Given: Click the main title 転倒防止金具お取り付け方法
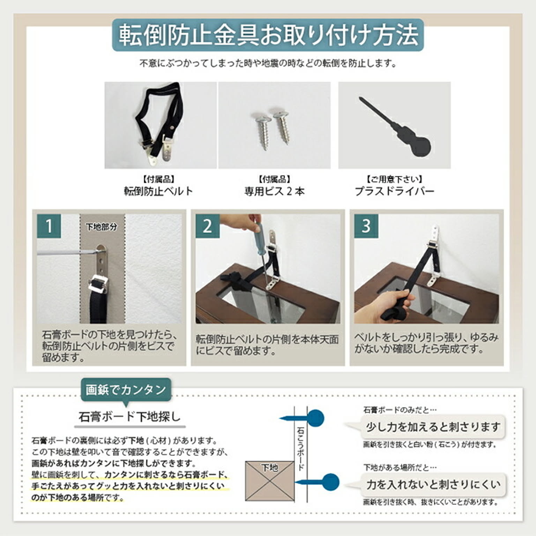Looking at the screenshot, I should (268, 35).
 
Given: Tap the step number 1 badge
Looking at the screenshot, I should (49, 226).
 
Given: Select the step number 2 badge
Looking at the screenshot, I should (207, 226).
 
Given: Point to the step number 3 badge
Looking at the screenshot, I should (366, 226).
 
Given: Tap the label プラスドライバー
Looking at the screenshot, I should (394, 191).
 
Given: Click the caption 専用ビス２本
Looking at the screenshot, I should (274, 191).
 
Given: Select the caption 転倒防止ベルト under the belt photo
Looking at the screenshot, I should (158, 191).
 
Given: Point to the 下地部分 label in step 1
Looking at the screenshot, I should (102, 227).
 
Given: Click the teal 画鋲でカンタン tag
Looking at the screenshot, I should (126, 390).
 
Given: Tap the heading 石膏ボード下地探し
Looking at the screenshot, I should (129, 417).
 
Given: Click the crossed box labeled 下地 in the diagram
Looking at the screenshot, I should (269, 481).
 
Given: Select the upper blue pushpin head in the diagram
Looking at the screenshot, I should (316, 418).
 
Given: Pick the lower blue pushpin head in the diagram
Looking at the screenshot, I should (330, 482).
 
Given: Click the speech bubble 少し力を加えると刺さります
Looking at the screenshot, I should (433, 426).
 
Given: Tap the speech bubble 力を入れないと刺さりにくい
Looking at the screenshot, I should (433, 484).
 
